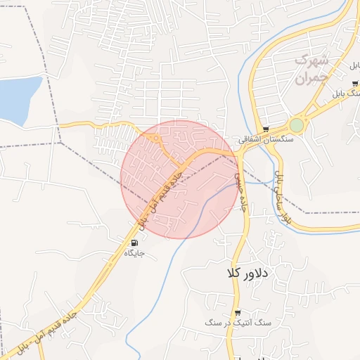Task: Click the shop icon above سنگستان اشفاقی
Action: (265, 129)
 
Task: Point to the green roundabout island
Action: (297, 125)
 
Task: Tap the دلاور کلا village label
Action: (244, 271)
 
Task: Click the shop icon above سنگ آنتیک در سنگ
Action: (238, 312)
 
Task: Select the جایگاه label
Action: (134, 252)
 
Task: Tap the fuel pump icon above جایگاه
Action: (134, 243)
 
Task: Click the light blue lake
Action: (18, 98)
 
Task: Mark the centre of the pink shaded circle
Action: (179, 179)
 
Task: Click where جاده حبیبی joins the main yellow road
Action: (234, 156)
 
